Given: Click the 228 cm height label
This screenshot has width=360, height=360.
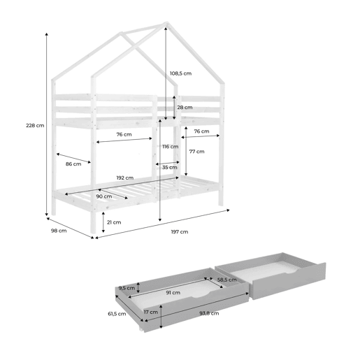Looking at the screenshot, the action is (x=35, y=125).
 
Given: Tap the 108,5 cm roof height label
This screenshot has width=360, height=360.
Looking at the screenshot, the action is (x=180, y=73).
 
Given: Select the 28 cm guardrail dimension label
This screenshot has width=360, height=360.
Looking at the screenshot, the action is (x=185, y=108).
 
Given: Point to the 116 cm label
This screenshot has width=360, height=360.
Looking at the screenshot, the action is (x=171, y=147).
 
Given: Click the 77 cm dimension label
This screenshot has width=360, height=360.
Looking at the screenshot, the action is (x=197, y=152).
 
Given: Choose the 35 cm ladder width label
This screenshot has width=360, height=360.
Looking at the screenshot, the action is (x=170, y=167).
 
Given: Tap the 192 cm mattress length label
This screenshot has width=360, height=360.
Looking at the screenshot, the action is (x=125, y=178).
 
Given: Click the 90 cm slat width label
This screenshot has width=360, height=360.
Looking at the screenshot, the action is (x=104, y=196).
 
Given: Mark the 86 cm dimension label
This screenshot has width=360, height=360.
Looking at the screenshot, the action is (x=73, y=164).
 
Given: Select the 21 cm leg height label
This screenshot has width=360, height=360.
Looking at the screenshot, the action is (x=114, y=222).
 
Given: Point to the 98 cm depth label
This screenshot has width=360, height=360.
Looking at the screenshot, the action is (x=59, y=231).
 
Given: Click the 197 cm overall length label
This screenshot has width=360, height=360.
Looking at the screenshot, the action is (x=180, y=232).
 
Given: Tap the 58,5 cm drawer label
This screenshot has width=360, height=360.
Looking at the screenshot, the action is (x=227, y=280).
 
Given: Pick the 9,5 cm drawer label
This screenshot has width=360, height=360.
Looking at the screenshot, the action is (x=127, y=288).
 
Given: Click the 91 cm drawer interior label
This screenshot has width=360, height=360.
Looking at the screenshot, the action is (x=173, y=292).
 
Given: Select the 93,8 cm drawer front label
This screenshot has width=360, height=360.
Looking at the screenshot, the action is (x=209, y=313).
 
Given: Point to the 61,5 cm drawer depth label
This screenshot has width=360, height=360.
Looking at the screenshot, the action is (x=117, y=314).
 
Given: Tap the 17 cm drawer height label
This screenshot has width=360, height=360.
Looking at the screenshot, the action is (x=151, y=312).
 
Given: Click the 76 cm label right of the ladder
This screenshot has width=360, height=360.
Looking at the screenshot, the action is (x=201, y=131).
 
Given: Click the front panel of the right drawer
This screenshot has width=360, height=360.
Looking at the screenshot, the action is (x=288, y=281).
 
